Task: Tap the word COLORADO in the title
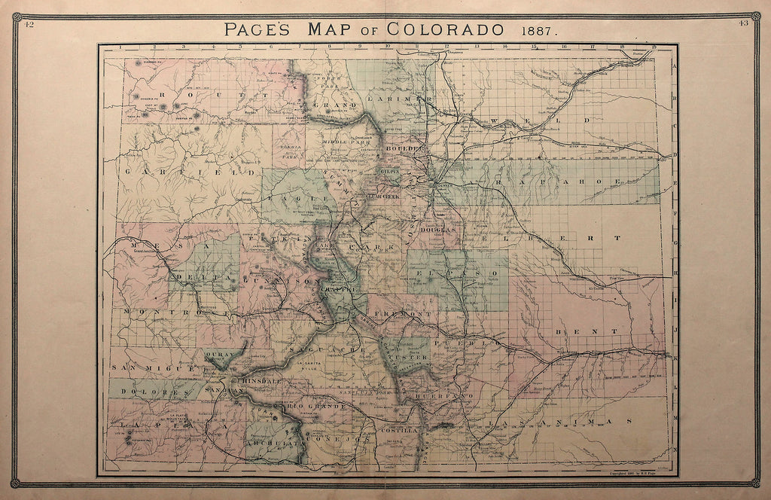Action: (x=445, y=30)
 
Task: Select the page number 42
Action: (x=29, y=24)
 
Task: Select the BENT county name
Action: (x=570, y=331)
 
